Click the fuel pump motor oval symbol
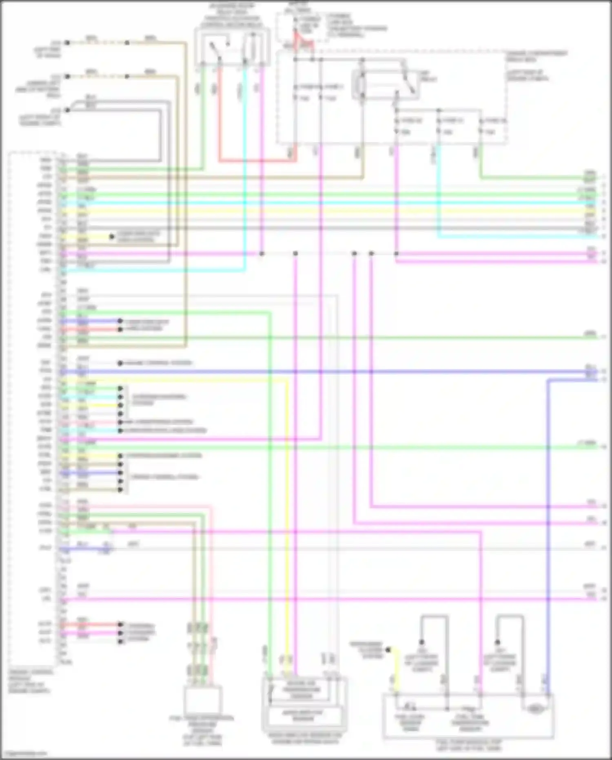click(534, 709)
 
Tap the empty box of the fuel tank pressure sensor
click(203, 699)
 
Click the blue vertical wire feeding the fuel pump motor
click(548, 531)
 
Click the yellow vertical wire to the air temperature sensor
click(287, 531)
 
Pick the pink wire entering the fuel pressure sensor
click(212, 592)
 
